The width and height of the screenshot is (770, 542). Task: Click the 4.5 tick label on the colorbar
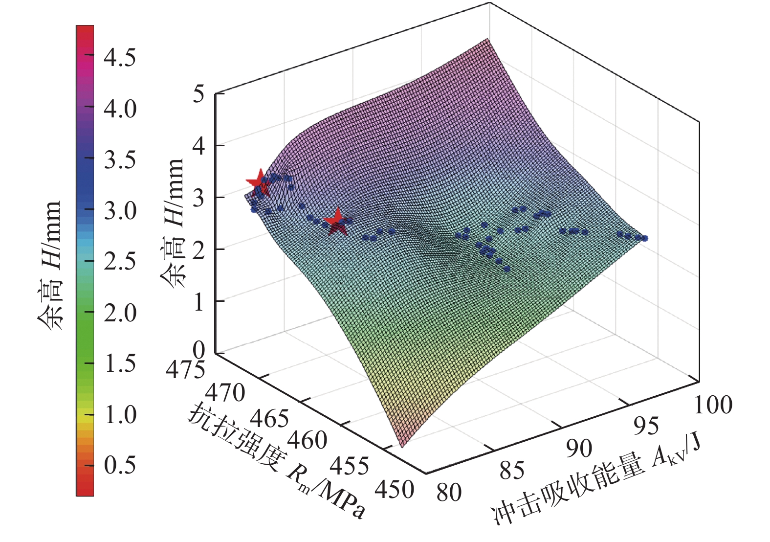pos(120,58)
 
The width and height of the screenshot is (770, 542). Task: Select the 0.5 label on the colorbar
pos(120,464)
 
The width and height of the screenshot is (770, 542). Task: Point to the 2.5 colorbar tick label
pos(120,261)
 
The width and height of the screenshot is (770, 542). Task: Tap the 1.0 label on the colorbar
pos(120,414)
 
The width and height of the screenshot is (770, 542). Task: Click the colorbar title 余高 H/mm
pos(50,264)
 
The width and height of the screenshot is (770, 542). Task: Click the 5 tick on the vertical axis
pos(198,94)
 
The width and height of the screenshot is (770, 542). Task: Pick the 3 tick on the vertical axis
pos(198,197)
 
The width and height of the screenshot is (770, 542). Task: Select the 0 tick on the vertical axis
pos(198,350)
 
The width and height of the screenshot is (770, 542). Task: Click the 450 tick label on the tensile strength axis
pos(395,489)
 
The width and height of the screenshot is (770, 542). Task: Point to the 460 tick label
pos(307,440)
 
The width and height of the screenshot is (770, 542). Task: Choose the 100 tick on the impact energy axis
pos(713,405)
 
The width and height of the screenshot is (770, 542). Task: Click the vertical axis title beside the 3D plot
pos(172,223)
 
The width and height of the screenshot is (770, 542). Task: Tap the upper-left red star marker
pos(258,182)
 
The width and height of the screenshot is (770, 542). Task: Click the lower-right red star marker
pos(336,222)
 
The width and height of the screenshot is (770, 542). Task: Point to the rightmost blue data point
pos(645,238)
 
